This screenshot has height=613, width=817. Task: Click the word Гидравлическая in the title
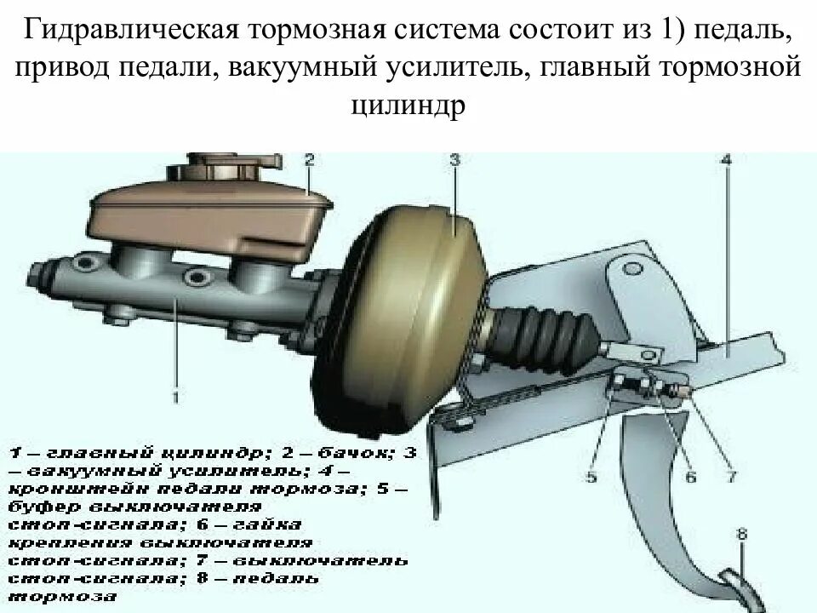130,32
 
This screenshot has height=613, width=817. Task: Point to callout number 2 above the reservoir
309,159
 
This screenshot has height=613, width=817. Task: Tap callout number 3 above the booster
454,159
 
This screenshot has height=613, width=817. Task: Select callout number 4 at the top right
725,159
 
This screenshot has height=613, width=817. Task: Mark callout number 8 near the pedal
742,535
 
